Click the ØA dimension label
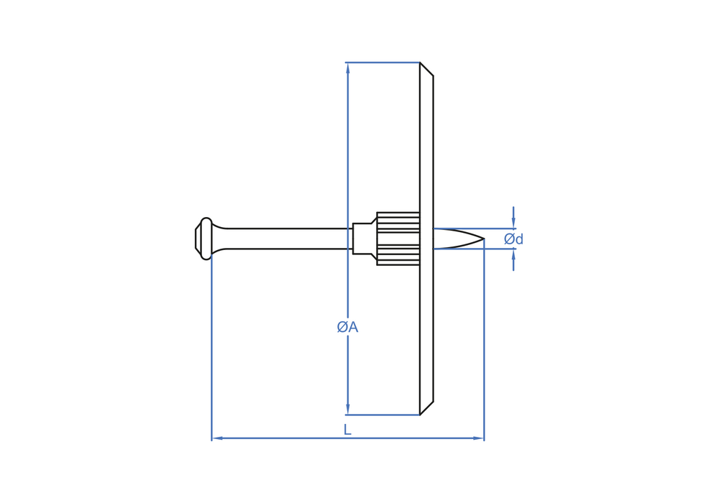[347, 327]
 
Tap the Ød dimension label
[513, 239]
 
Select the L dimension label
[347, 430]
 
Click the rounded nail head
[204, 239]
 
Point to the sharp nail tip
[484, 239]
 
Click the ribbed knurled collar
[398, 239]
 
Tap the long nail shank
[289, 239]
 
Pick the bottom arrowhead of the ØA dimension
[347, 409]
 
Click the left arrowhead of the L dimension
[217, 438]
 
